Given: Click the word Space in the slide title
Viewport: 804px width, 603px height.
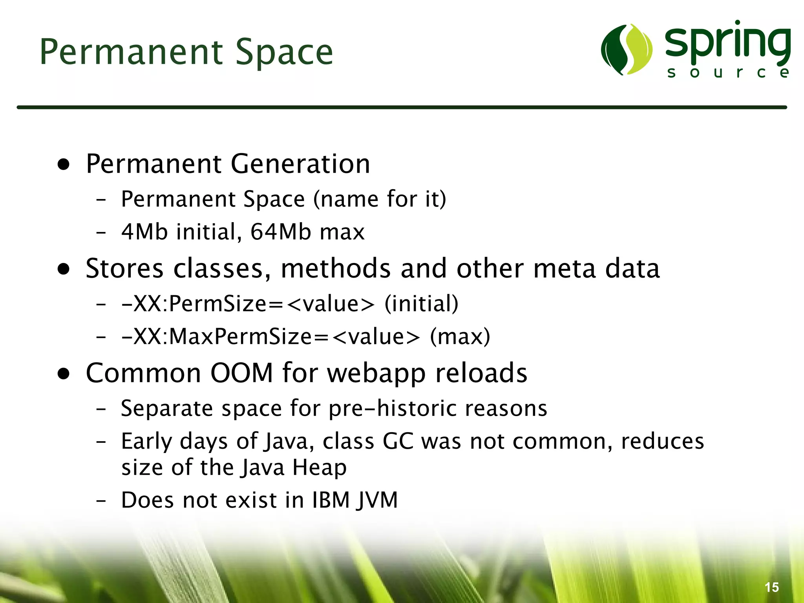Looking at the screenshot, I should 284,53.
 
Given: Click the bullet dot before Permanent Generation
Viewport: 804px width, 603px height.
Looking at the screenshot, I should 64,164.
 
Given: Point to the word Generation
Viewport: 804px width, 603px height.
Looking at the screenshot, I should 300,164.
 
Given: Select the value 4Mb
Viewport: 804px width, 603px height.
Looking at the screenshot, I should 144,232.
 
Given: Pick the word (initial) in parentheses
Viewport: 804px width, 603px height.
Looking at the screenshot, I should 421,304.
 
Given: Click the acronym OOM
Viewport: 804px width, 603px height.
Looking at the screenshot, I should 241,373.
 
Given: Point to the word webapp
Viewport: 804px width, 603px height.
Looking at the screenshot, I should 376,373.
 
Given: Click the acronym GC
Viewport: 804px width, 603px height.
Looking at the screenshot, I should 398,441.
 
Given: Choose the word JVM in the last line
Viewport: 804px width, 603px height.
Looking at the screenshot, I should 377,501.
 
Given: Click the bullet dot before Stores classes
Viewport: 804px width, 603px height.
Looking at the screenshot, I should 64,269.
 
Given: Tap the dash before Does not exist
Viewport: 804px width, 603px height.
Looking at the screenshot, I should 101,501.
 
